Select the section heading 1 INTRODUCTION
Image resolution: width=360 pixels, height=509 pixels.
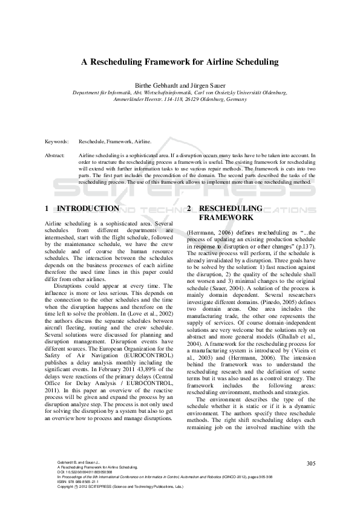(82, 209)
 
